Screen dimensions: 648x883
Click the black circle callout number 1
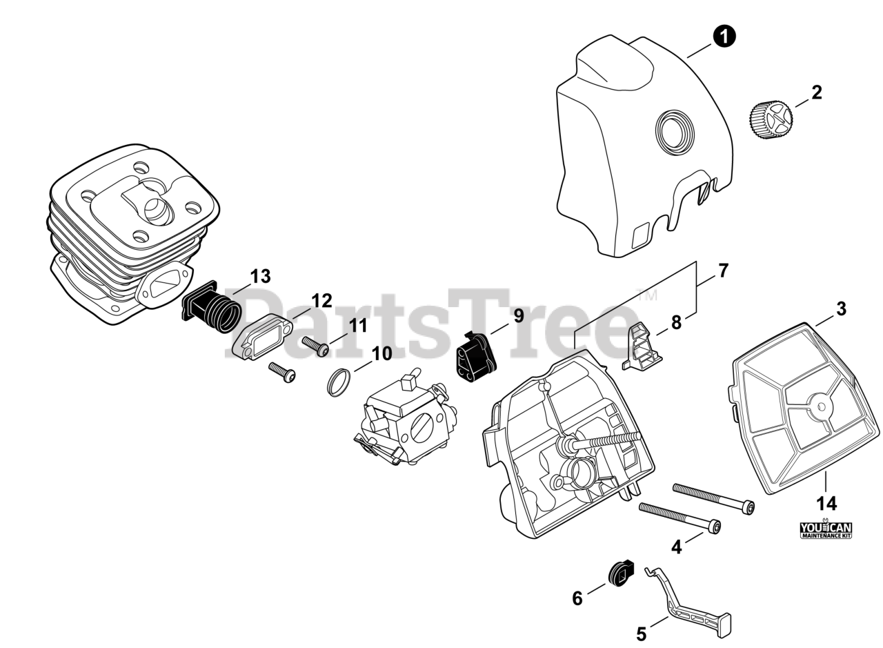[x=724, y=37]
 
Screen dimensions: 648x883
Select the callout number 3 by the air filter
[x=841, y=309]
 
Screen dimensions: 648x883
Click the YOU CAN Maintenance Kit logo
[x=826, y=529]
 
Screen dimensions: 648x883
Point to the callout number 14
[x=826, y=503]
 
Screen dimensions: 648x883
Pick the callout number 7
[x=723, y=271]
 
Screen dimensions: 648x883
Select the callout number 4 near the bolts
[x=677, y=547]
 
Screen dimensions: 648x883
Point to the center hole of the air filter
[x=821, y=406]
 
